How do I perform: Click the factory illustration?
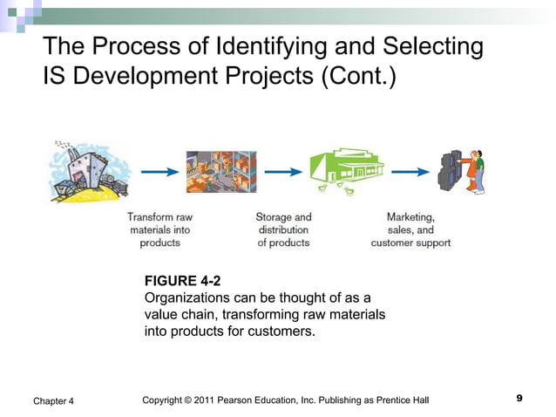(x=88, y=172)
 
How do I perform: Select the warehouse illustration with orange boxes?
(x=221, y=172)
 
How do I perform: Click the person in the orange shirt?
(x=475, y=171)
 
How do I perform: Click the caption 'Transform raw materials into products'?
(x=159, y=229)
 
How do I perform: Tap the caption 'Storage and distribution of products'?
(x=283, y=229)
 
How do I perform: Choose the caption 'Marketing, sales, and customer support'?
(x=410, y=229)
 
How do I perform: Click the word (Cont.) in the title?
(x=358, y=78)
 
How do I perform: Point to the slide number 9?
(x=519, y=399)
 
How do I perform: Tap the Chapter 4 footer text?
(x=53, y=400)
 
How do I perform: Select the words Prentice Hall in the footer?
(x=403, y=400)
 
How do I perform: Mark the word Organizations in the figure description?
(x=184, y=297)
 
